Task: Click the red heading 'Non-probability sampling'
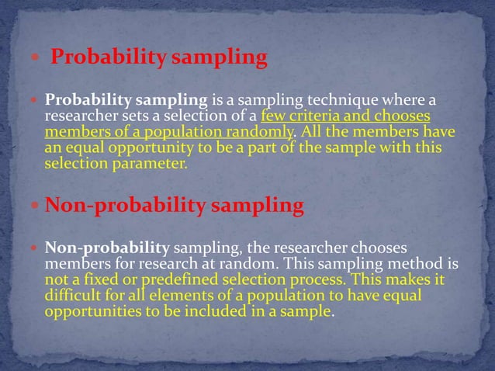175,206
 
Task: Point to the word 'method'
426,264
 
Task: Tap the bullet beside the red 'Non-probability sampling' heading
34,206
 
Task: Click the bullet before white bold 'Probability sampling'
34,102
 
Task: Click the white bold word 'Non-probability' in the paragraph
107,249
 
